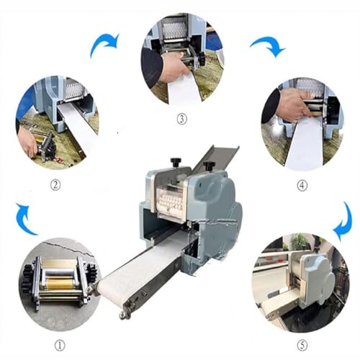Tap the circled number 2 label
click(55, 184)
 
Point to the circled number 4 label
click(302, 184)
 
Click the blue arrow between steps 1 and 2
click(25, 220)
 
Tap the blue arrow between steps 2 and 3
click(105, 45)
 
